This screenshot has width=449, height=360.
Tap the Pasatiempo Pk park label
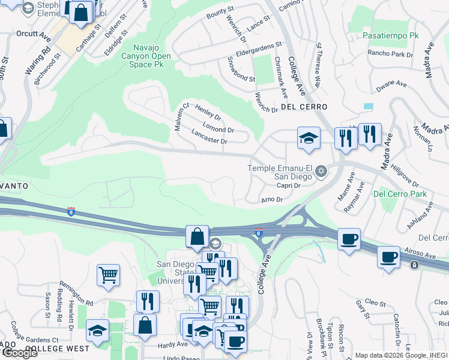pyautogui.click(x=390, y=35)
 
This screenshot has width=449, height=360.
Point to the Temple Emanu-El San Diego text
pyautogui.click(x=280, y=172)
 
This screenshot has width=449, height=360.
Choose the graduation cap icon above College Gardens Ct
pyautogui.click(x=98, y=330)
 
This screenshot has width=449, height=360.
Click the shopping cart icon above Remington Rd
pyautogui.click(x=108, y=275)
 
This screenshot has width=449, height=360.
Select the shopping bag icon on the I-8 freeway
pyautogui.click(x=197, y=236)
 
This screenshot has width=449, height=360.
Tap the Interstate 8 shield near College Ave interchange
pyautogui.click(x=259, y=233)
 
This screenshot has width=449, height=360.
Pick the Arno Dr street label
pyautogui.click(x=272, y=199)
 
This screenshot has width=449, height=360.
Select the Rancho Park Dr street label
pyautogui.click(x=390, y=54)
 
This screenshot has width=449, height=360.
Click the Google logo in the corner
pyautogui.click(x=20, y=353)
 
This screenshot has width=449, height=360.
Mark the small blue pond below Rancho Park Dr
pyautogui.click(x=368, y=106)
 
